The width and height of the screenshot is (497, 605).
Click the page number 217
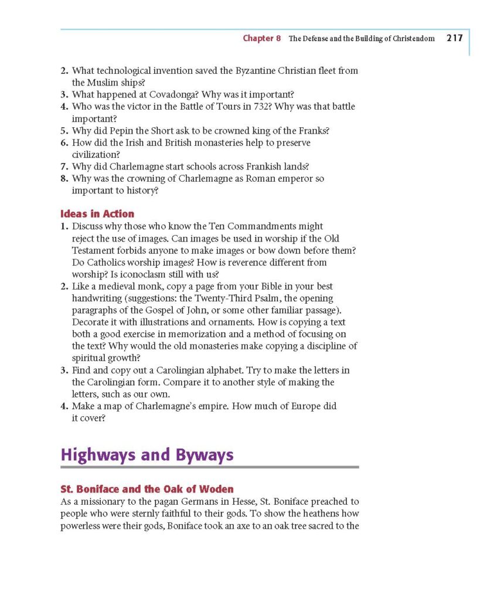[454, 39]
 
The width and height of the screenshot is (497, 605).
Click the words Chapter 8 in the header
[262, 39]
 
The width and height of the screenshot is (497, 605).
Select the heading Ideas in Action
[97, 214]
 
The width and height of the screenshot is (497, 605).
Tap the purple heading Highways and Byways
[147, 454]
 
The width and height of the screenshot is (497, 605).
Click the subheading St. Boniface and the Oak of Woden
[147, 489]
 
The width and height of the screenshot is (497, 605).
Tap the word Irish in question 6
[141, 143]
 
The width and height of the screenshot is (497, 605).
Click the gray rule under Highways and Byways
[209, 467]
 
